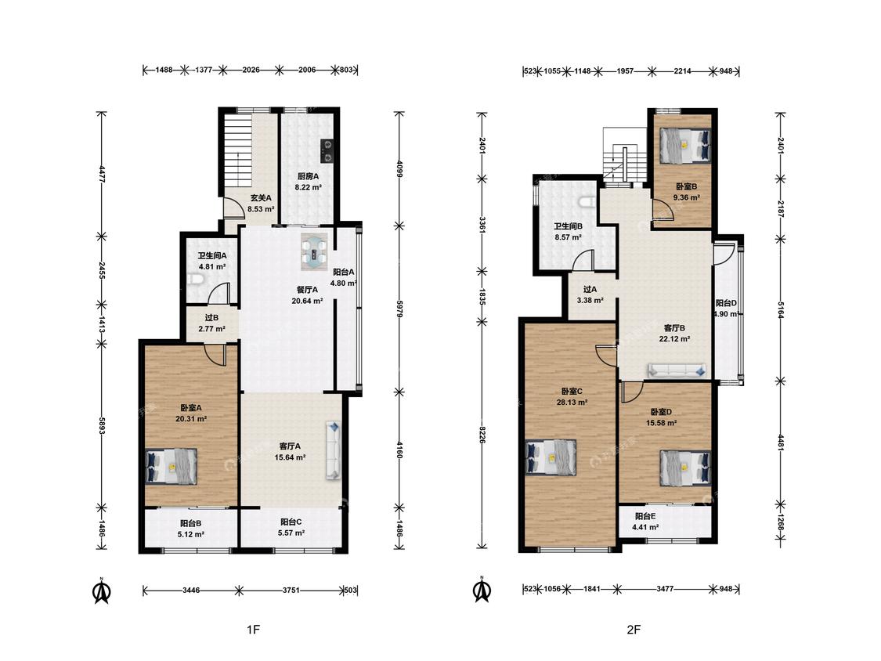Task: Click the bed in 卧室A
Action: pos(172,466)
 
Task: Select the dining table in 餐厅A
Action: pos(314,250)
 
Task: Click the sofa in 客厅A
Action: pos(333,451)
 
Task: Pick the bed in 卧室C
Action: pos(552,457)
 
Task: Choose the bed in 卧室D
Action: pos(685,468)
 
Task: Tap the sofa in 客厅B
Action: pos(677,370)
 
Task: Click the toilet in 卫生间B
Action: pos(587,202)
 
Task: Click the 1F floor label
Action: pos(254,630)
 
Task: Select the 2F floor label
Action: pos(634,630)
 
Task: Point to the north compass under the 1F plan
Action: pos(102,591)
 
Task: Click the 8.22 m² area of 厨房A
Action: pos(309,188)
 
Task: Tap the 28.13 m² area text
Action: pos(572,403)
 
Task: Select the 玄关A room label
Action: pos(261,198)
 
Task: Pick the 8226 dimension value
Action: pos(482,434)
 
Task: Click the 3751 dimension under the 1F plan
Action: pos(291,591)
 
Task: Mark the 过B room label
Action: pos(211,317)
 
